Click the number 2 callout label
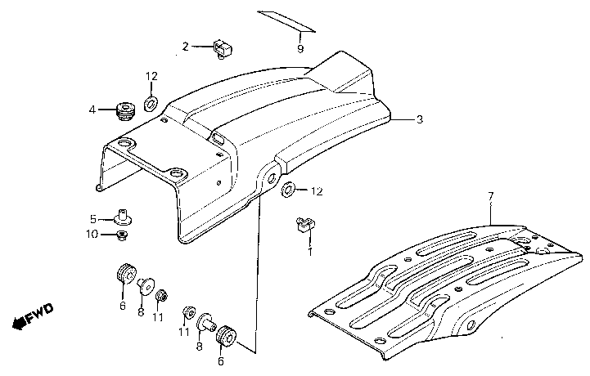pos(185,47)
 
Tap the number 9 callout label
pos(300,49)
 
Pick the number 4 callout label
pos(92,109)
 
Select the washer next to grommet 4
pos(151,103)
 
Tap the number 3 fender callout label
pos(419,120)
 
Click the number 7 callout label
pos(490,196)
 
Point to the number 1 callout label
pos(309,252)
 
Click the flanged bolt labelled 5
pos(125,216)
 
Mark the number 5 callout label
pos(93,218)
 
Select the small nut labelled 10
pos(123,235)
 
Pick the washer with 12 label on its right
pos(288,190)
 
